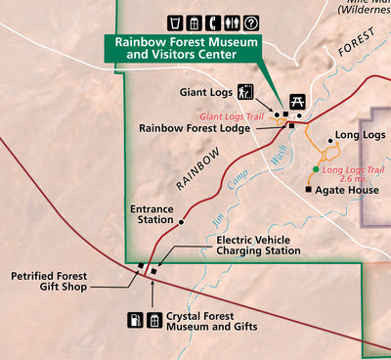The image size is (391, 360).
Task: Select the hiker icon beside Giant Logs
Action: [x=244, y=93]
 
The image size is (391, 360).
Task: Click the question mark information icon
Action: [x=250, y=22]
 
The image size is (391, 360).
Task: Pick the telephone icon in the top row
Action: [x=194, y=22]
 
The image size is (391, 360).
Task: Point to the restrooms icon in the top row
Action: [x=231, y=22]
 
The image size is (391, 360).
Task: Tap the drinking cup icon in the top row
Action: [x=175, y=22]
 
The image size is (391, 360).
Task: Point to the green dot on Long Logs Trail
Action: [x=315, y=169]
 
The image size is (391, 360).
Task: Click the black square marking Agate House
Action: [x=309, y=189]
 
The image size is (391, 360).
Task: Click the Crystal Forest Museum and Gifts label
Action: [x=211, y=321]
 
